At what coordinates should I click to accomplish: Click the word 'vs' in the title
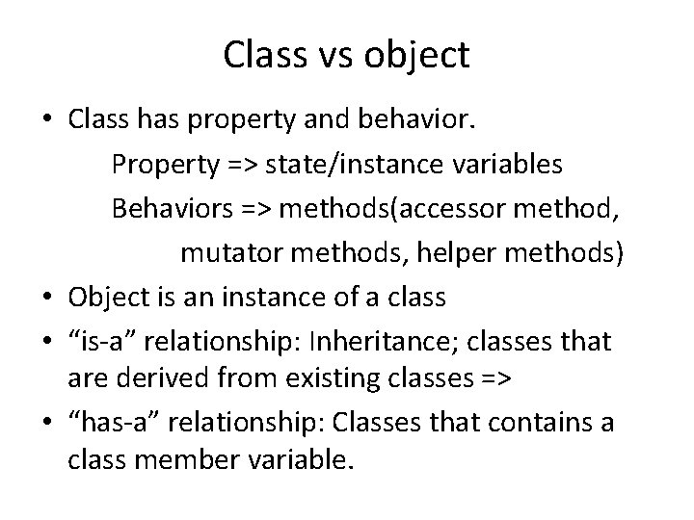point(334,56)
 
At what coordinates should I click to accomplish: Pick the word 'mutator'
point(227,252)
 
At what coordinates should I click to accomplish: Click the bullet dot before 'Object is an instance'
point(48,298)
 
